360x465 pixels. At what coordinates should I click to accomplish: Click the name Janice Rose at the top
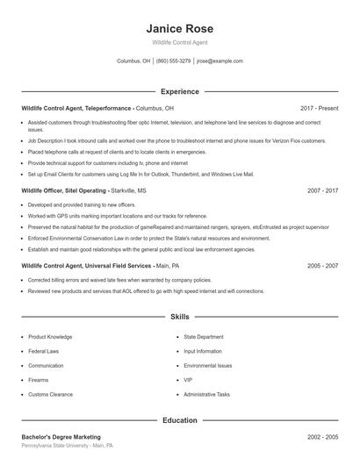(x=179, y=29)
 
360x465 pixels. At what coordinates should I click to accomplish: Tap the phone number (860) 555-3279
(x=174, y=61)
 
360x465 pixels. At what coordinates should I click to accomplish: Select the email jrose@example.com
(x=220, y=61)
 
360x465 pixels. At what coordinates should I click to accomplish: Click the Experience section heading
(x=179, y=91)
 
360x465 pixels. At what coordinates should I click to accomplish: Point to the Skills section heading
(x=179, y=316)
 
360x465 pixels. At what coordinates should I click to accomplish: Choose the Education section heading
(x=179, y=420)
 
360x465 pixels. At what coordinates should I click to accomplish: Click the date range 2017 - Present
(x=319, y=108)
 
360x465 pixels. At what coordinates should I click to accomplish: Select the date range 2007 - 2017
(x=322, y=190)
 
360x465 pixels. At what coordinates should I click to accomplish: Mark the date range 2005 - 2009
(x=322, y=265)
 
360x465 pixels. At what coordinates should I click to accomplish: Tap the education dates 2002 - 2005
(x=322, y=437)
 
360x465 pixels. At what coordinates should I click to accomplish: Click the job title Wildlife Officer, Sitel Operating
(x=65, y=190)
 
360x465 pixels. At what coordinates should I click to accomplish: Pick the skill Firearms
(x=39, y=380)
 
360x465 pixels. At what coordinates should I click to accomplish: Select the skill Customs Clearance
(x=49, y=395)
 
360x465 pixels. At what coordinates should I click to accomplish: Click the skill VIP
(x=188, y=380)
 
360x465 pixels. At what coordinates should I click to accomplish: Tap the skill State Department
(x=204, y=337)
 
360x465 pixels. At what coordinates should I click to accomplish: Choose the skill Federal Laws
(x=44, y=351)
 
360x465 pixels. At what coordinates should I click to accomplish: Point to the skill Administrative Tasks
(x=207, y=395)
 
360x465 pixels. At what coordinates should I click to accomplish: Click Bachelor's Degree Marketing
(x=61, y=437)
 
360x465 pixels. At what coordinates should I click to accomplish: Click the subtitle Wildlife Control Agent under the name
(x=179, y=43)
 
